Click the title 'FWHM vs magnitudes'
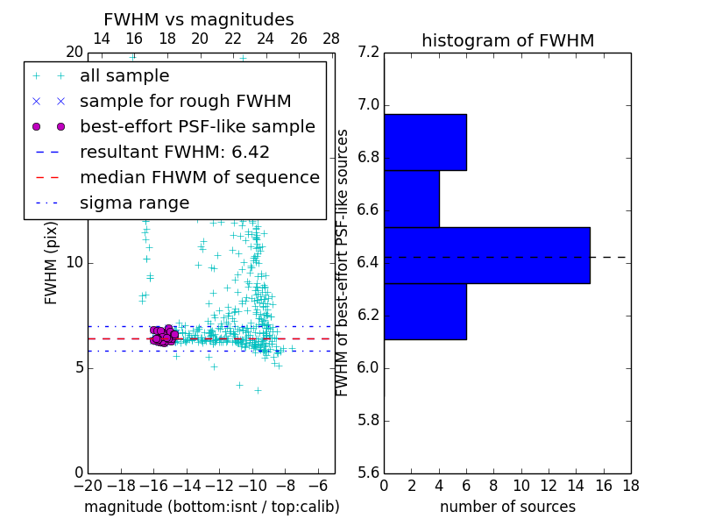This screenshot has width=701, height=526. coord(199,20)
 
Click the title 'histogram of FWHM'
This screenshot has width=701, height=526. coord(507,41)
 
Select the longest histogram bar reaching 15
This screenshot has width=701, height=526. coord(486,255)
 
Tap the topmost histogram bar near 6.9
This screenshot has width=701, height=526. coord(425,142)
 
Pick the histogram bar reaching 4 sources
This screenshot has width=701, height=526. coord(412,199)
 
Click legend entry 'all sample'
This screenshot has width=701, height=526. coord(124,76)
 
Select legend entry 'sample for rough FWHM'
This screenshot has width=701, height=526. coord(185,102)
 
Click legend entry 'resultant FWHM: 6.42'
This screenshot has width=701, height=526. coord(174,153)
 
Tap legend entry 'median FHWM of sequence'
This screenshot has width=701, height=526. coord(199,178)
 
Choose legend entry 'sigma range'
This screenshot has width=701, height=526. coord(134,203)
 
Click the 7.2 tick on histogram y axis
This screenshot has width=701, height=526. coord(369,53)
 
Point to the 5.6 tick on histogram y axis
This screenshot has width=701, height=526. coord(369,473)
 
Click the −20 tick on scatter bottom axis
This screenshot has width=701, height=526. coord(88,486)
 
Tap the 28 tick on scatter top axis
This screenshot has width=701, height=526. coord(331,39)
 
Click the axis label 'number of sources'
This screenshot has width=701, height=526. coord(507,508)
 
